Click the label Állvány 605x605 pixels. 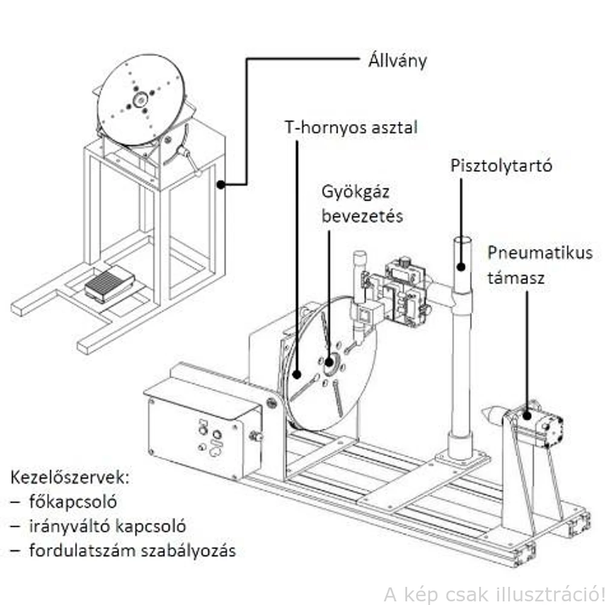pos(397,61)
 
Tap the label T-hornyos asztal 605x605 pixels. pos(351,128)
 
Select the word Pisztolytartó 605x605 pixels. pos(502,166)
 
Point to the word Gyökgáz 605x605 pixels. pos(355,194)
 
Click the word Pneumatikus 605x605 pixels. pos(540,253)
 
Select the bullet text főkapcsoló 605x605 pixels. pos(72,502)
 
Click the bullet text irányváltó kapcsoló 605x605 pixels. pos(106,526)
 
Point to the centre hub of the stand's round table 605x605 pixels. pos(140,99)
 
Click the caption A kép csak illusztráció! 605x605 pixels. pos(493,591)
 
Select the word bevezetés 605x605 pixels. pos(362,217)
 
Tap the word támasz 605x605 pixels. pos(516,278)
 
